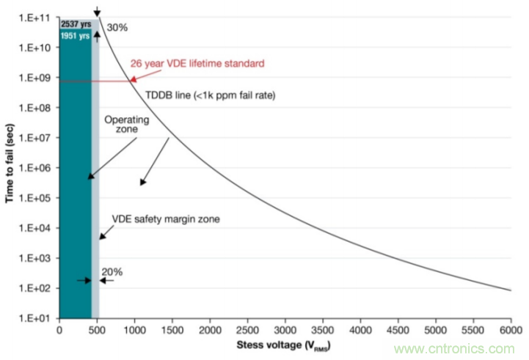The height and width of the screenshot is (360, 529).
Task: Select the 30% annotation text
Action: [117, 28]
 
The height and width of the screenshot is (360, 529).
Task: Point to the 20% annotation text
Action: [112, 272]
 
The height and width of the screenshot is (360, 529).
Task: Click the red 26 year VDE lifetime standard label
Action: [197, 64]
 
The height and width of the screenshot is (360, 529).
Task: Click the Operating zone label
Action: [127, 125]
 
